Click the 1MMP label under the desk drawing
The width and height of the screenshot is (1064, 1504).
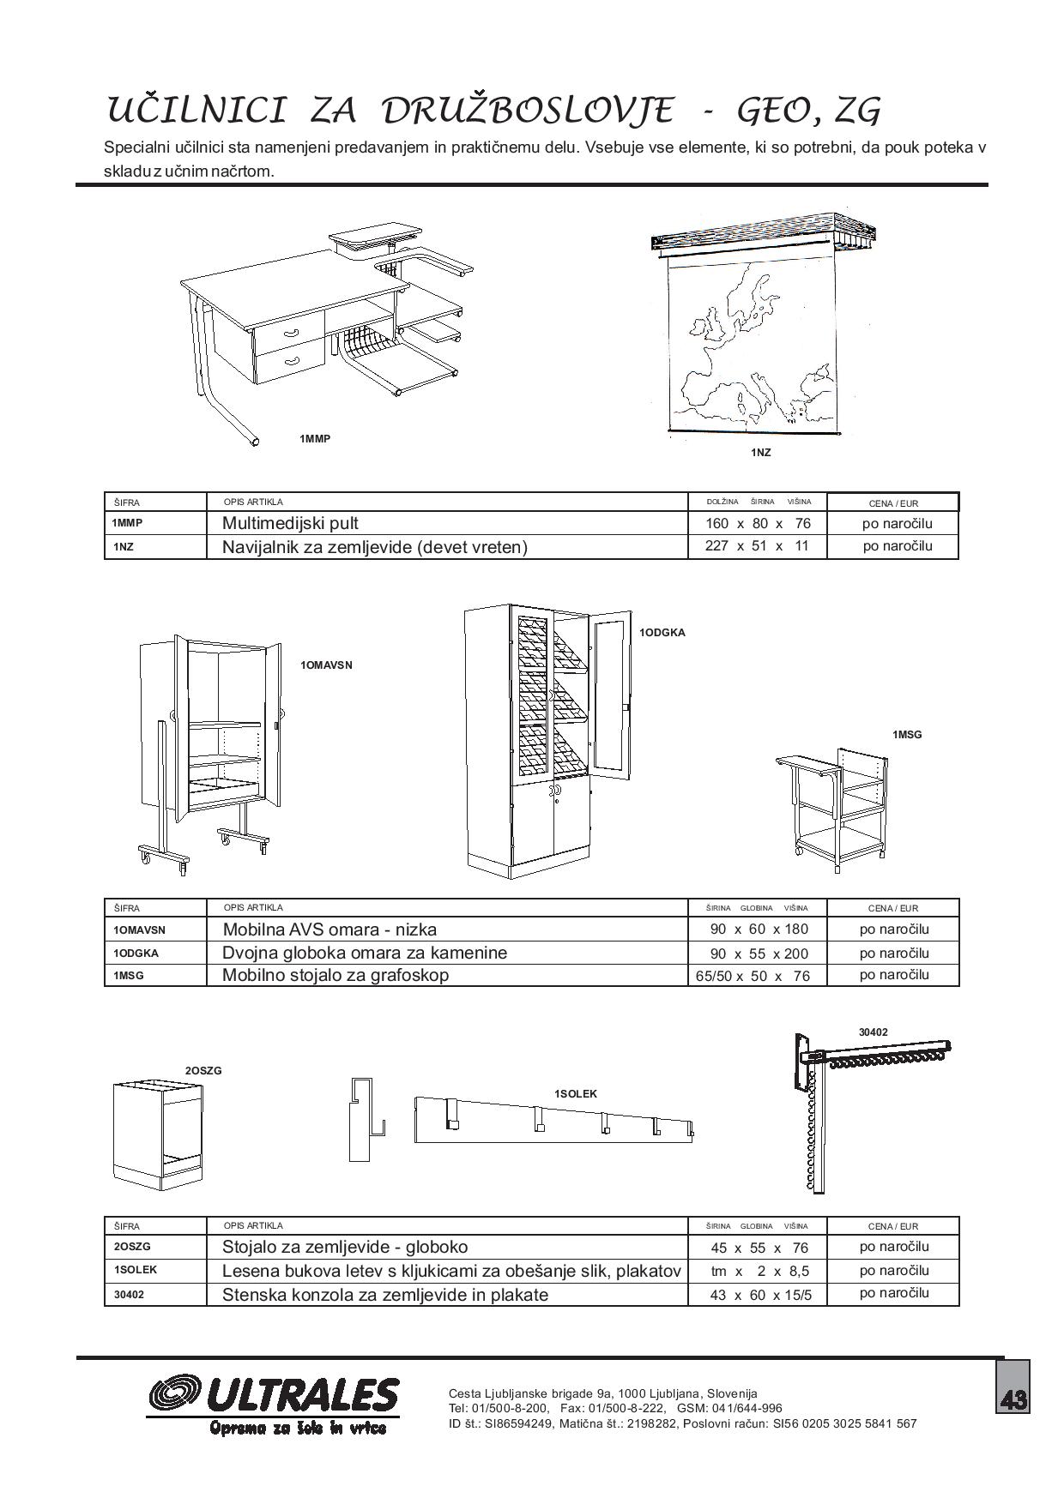pos(315,439)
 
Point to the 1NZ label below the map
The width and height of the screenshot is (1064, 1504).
pos(760,452)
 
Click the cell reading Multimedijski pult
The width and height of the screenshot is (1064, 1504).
pos(291,523)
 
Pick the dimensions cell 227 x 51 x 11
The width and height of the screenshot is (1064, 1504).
pos(757,546)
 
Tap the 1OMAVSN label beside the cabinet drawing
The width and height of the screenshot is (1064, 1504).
pos(326,665)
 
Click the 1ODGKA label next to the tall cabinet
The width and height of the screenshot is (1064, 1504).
pos(662,633)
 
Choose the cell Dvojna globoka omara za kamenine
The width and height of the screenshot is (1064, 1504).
pos(365,953)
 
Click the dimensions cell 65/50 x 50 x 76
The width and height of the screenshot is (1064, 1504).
pos(752,976)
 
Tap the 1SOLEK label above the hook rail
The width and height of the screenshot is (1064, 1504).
pos(575,1093)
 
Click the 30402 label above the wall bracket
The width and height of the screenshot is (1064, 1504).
pos(873,1032)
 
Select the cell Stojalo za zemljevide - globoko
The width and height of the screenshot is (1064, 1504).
pos(345,1247)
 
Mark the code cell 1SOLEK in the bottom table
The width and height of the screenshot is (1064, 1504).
pos(135,1270)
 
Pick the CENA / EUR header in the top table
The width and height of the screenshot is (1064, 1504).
pos(892,503)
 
